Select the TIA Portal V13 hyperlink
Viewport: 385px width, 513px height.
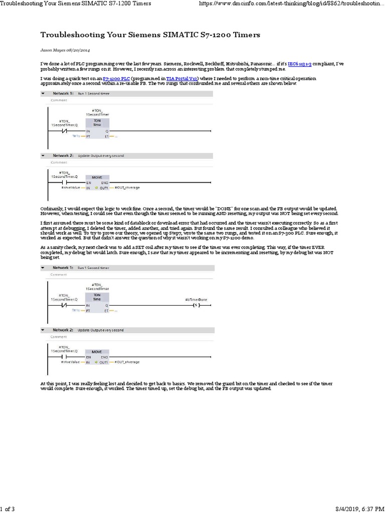pyautogui.click(x=182, y=79)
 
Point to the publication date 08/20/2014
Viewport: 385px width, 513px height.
pyautogui.click(x=77, y=50)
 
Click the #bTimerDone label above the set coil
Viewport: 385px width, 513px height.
pyautogui.click(x=196, y=299)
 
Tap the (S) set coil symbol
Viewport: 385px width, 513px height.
pyautogui.click(x=197, y=305)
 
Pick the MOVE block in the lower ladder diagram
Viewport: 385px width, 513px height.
pyautogui.click(x=97, y=352)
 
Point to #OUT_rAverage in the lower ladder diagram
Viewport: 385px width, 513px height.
pyautogui.click(x=127, y=362)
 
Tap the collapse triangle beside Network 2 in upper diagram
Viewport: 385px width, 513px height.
pyautogui.click(x=43, y=156)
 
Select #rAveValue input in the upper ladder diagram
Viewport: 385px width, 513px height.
pyautogui.click(x=71, y=187)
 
